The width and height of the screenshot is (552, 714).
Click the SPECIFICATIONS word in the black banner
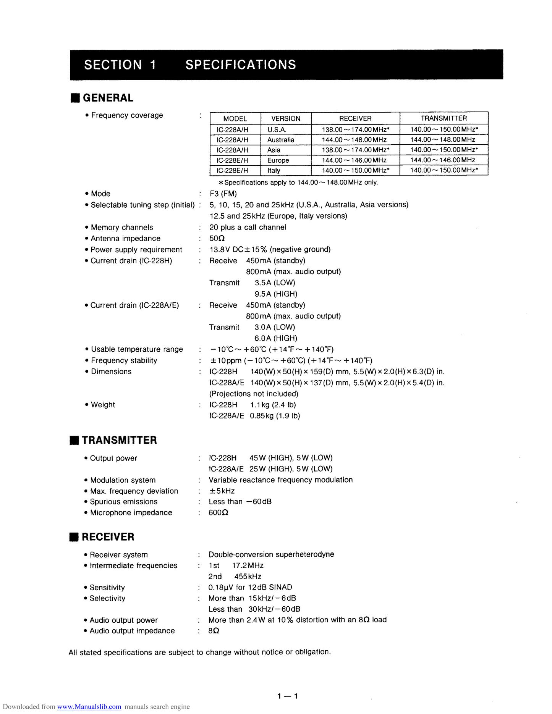tap(240, 65)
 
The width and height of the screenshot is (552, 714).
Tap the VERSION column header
tap(286, 118)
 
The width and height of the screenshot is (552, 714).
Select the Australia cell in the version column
tap(281, 140)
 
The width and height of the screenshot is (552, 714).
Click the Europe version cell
tap(278, 160)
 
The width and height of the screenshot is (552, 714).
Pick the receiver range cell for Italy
tap(355, 170)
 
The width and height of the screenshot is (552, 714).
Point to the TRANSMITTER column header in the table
tap(444, 118)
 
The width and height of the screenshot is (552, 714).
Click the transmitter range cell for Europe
tap(443, 160)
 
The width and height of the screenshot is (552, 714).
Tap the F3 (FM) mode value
tap(223, 194)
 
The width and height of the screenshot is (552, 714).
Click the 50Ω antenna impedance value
tap(217, 238)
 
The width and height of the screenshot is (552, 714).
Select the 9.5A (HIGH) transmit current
tap(276, 294)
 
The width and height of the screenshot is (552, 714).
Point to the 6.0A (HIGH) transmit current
tap(275, 338)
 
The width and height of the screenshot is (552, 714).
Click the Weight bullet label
tap(103, 405)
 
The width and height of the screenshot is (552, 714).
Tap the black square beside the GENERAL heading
tap(75, 98)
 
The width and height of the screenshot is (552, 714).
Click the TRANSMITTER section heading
tap(119, 440)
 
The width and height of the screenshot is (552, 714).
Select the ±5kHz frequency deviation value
tap(222, 491)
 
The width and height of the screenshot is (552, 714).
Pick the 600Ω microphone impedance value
tap(218, 512)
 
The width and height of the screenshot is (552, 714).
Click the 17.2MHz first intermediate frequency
tap(248, 565)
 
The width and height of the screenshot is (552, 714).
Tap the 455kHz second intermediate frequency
tap(248, 576)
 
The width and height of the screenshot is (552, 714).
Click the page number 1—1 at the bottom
tap(288, 696)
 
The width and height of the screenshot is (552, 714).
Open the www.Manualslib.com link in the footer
tap(89, 707)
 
